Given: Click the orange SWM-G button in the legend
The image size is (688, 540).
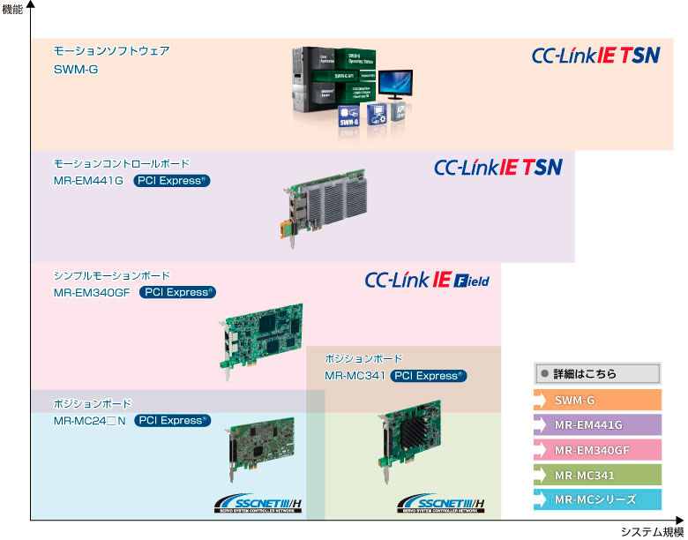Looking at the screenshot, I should click(597, 400).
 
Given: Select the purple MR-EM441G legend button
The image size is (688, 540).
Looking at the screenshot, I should click(597, 424).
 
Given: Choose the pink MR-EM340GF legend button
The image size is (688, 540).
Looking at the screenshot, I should click(597, 450).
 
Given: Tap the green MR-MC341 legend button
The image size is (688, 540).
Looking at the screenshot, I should click(597, 475).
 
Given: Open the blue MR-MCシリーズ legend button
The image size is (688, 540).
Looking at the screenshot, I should click(597, 499).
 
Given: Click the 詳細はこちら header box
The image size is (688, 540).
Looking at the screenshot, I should click(597, 373).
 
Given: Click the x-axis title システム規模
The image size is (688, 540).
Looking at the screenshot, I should click(652, 531).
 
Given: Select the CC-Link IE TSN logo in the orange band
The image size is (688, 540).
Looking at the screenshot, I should click(595, 56).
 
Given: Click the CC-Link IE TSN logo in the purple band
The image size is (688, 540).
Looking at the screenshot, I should click(498, 167).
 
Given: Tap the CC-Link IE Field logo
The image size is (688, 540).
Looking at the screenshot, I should click(427, 281).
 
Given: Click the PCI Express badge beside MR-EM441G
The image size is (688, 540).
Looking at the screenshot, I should click(172, 181).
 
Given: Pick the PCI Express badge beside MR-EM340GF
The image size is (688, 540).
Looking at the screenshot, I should click(177, 292).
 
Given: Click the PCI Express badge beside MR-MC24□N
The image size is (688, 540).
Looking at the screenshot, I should click(172, 420).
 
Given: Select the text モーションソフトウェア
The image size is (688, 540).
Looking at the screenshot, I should click(111, 51).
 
